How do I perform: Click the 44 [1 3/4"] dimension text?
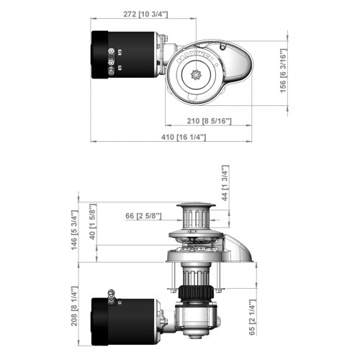225,184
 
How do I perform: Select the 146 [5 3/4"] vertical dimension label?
85,228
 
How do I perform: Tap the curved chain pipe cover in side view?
241,248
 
